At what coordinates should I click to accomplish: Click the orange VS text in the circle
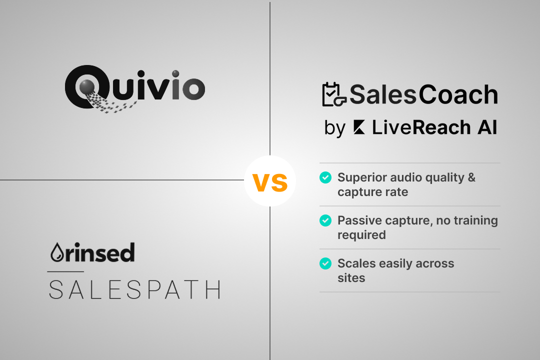[270, 182]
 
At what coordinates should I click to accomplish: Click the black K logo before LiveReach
[358, 128]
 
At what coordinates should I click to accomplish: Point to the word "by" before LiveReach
[334, 128]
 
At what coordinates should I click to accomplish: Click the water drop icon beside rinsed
[54, 253]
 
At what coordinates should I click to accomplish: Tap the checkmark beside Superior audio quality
[325, 177]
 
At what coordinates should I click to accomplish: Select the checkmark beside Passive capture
[325, 220]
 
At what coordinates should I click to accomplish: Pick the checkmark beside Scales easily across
[325, 263]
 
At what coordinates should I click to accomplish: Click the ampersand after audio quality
[471, 177]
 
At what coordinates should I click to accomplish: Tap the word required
[361, 235]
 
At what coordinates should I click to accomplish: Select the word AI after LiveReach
[487, 128]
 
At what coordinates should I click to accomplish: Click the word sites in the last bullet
[351, 278]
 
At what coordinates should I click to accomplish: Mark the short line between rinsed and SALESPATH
[65, 272]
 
